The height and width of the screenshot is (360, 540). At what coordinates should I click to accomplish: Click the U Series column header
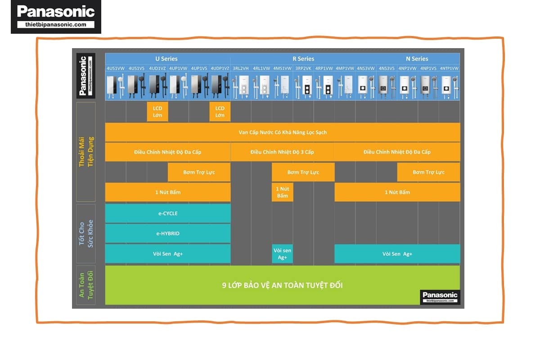[x=166, y=58]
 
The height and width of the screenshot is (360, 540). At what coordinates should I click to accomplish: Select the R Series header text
[x=303, y=58]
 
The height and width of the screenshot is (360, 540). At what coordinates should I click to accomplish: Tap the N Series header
[x=417, y=58]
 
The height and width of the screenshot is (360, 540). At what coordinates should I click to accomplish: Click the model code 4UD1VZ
[x=157, y=68]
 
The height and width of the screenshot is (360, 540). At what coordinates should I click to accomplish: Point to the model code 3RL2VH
[x=241, y=68]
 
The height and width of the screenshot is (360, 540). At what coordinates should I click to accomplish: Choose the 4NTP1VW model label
[x=449, y=68]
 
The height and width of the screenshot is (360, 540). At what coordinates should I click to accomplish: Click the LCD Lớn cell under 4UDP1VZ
[x=220, y=112]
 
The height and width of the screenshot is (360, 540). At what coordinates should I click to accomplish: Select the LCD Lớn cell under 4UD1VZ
[x=157, y=112]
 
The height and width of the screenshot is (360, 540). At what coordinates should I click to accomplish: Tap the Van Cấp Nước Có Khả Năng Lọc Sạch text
[x=283, y=132]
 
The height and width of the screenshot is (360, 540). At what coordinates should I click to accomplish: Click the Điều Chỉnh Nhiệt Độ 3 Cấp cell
[x=282, y=152]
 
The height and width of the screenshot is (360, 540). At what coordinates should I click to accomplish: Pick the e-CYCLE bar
[x=167, y=213]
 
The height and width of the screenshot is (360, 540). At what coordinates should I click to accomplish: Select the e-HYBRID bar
[x=167, y=234]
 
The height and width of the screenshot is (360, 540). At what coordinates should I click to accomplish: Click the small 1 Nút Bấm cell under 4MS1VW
[x=282, y=192]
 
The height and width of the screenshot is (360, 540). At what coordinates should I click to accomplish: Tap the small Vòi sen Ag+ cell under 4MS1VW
[x=282, y=254]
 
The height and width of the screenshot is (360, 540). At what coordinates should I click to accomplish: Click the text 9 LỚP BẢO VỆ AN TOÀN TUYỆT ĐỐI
[x=282, y=285]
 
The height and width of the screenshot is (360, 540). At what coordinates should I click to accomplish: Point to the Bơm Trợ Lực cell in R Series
[x=303, y=172]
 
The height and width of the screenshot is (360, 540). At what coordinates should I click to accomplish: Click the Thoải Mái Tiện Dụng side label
[x=85, y=152]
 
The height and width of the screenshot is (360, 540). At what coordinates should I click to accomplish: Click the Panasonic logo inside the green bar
[x=440, y=296]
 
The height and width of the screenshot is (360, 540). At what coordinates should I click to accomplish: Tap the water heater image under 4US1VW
[x=115, y=86]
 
